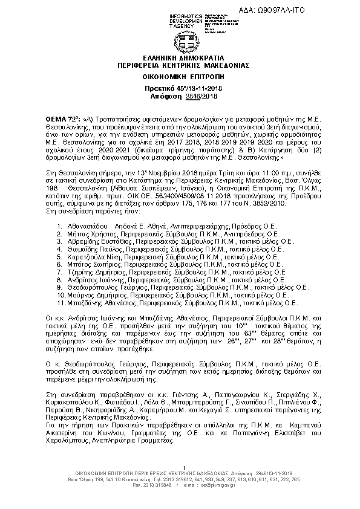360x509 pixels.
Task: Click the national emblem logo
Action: click(x=180, y=41)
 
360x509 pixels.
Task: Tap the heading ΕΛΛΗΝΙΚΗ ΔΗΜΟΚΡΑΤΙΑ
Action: click(x=180, y=59)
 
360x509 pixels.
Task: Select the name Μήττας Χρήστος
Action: click(x=87, y=233)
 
